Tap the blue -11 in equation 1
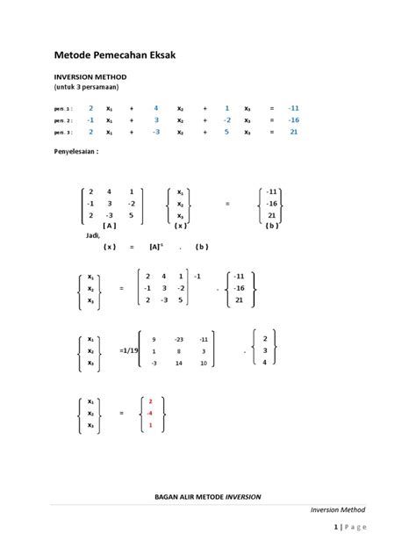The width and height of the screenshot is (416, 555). pos(293,107)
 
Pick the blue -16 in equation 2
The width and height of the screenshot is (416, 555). pos(293,119)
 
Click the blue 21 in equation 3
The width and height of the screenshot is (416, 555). pos(294,132)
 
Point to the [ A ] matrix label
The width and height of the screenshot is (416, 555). pos(110,225)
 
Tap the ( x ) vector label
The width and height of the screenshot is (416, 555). pos(179,225)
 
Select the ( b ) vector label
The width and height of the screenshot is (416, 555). pos(272,225)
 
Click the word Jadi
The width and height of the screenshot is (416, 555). pos(94,235)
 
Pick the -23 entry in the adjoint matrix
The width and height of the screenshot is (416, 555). pos(179,339)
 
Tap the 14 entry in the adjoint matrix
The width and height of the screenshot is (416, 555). pos(179,362)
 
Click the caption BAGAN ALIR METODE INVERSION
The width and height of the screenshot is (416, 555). pos(207,497)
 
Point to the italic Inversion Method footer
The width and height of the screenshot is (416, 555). pos(338,509)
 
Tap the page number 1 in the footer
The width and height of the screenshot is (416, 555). pos(336,527)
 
